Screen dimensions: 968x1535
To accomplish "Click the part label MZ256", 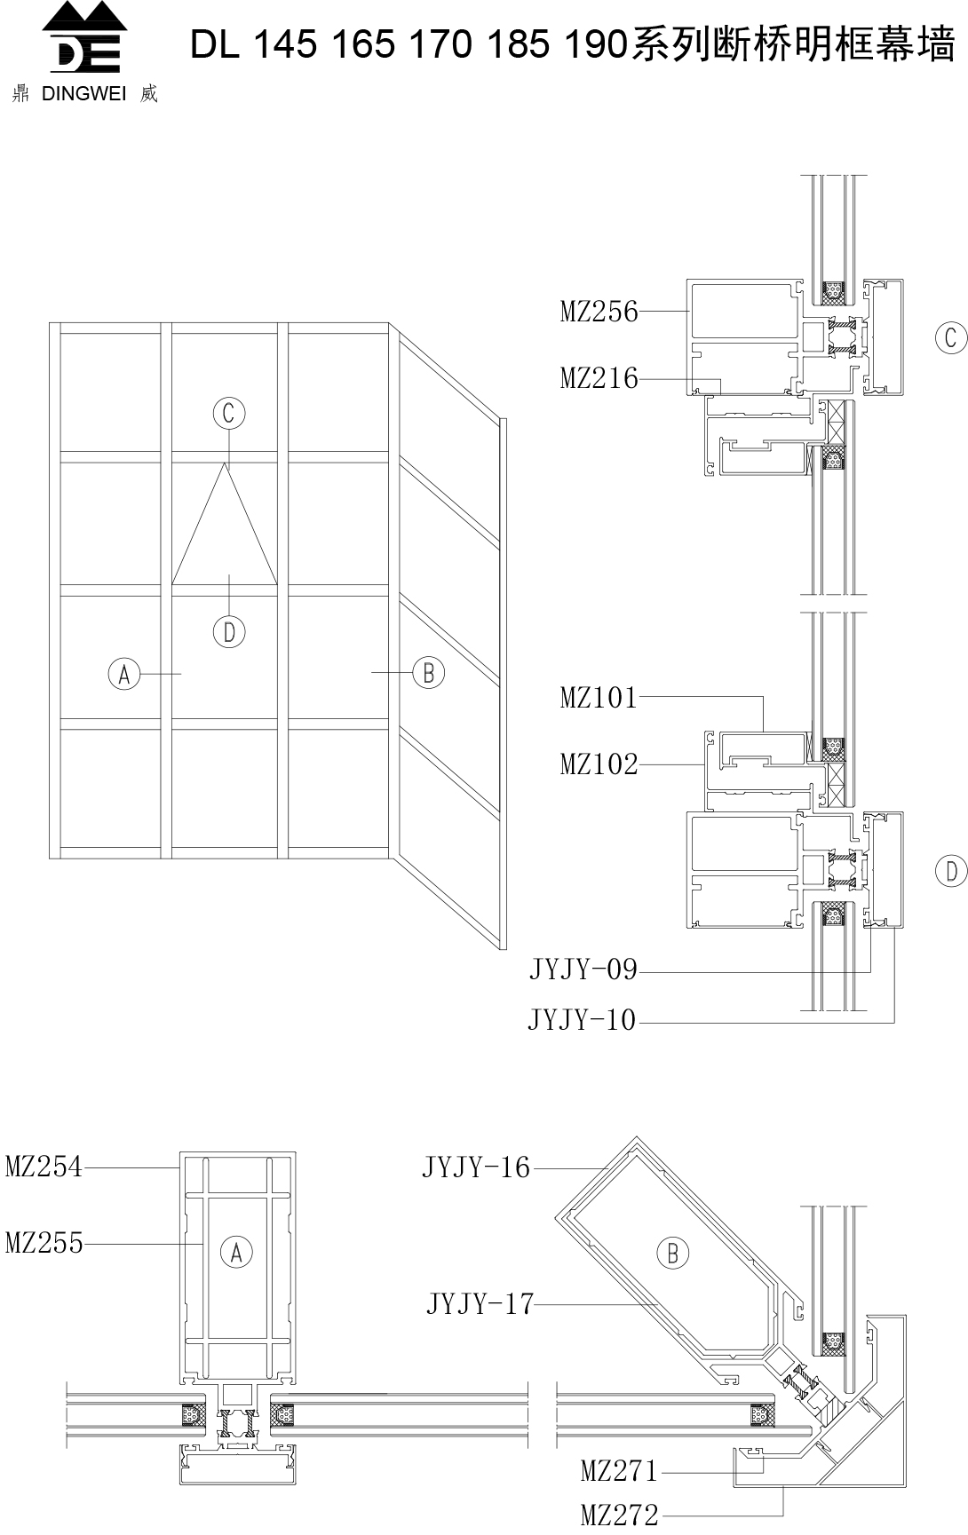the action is [599, 312].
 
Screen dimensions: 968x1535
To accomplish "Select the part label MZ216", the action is [599, 379].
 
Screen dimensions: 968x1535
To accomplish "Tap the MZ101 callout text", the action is [599, 698].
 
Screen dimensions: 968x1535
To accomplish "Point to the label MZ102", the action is [599, 764].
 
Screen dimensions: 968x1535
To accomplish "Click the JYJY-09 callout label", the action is [583, 969].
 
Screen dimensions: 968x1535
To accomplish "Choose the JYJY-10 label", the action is [583, 1021].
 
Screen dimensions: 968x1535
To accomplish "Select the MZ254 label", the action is [44, 1166].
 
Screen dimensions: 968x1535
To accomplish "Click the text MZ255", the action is [44, 1243].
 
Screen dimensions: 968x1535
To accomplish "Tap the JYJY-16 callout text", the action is [476, 1167].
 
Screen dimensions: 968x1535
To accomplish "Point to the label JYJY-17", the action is [480, 1304].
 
